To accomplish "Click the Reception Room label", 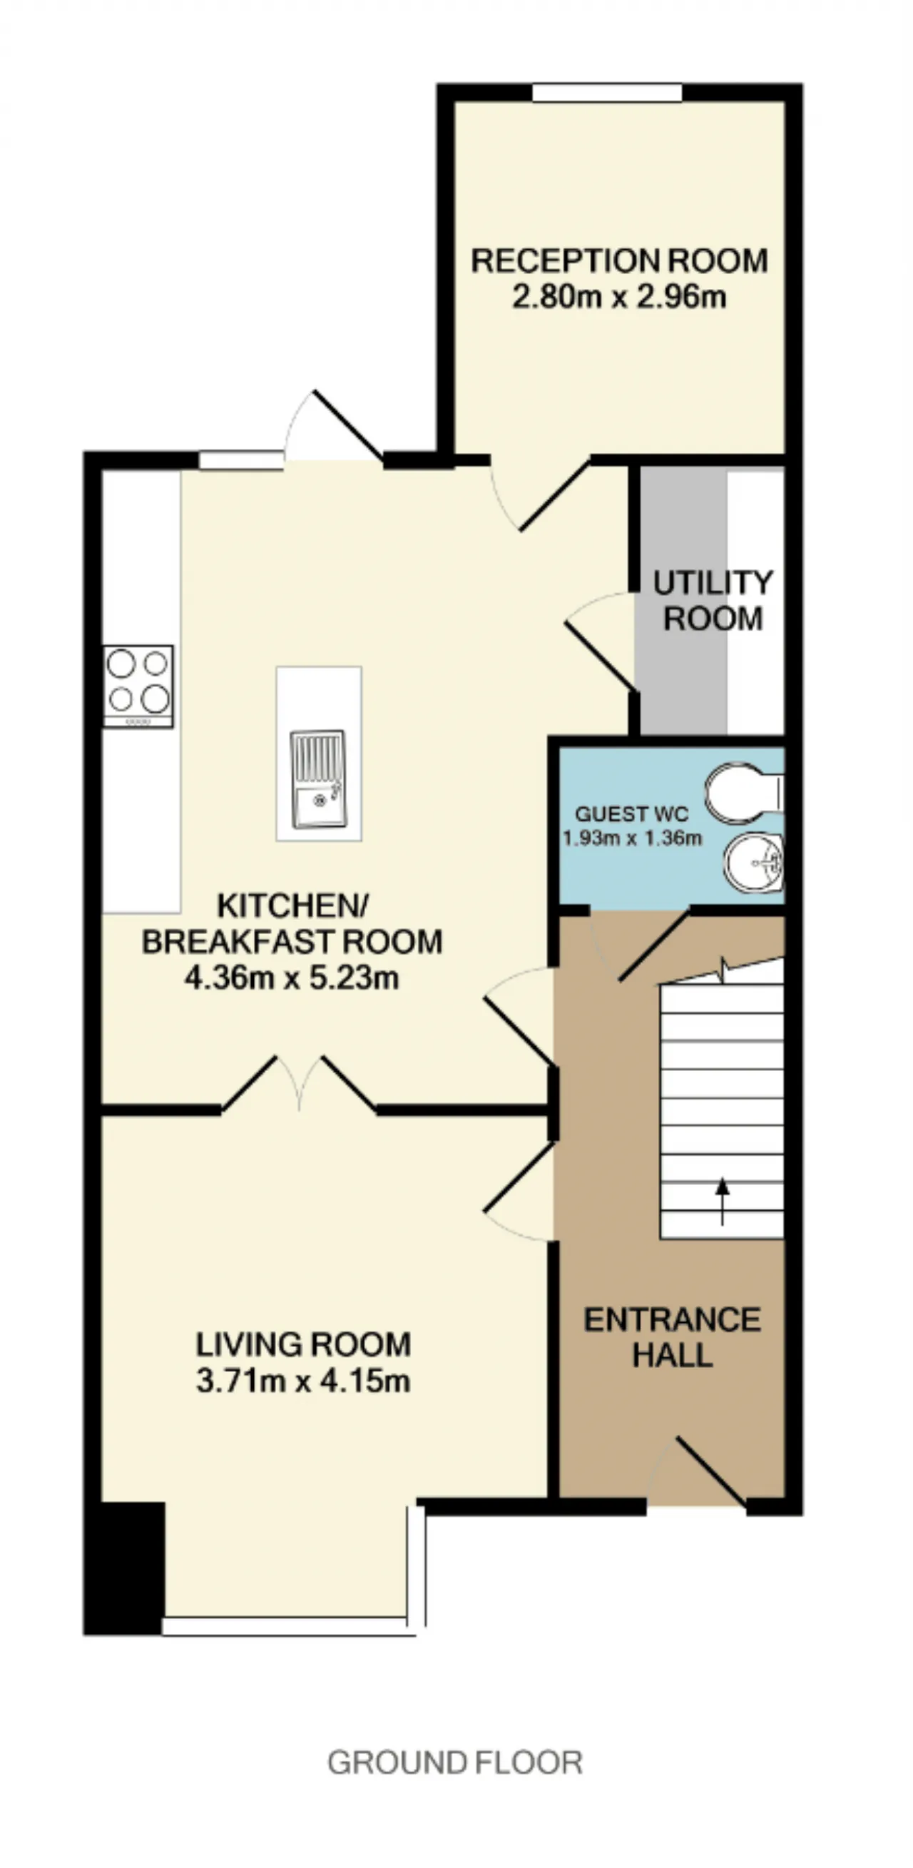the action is (619, 260).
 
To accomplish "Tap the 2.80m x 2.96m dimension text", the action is (619, 297).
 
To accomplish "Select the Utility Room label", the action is (713, 601).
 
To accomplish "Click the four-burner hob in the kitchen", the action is (138, 686).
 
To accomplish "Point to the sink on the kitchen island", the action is (318, 779).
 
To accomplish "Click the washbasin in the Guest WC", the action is (754, 863).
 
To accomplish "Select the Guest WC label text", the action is (632, 813).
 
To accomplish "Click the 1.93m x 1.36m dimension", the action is (633, 838).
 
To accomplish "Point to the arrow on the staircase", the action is (723, 1202).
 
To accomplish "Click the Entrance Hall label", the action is (672, 1338).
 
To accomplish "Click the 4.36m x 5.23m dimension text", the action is (292, 978).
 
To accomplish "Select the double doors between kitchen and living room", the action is (299, 1084).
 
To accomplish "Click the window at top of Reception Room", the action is (607, 93).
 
